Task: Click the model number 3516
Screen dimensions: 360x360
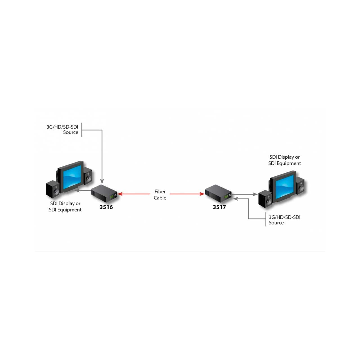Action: [x=106, y=207]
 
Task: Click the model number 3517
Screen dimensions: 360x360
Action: [x=219, y=207]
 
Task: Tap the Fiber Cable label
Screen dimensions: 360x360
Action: [x=160, y=194]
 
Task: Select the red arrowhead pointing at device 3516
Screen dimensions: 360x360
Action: [x=120, y=194]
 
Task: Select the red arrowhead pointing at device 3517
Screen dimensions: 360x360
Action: [x=202, y=194]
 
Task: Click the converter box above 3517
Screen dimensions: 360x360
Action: [x=218, y=193]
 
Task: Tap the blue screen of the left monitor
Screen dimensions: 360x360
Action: [x=72, y=177]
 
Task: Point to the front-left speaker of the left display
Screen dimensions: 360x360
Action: [x=53, y=189]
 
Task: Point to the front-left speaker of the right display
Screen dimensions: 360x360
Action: [x=265, y=199]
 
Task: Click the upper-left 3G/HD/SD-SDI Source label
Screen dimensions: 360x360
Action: [x=62, y=129]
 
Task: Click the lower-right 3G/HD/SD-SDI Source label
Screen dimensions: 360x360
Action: [x=285, y=220]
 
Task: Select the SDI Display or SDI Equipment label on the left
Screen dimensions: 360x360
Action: [x=65, y=206]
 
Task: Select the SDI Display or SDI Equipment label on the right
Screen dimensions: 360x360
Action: [x=285, y=160]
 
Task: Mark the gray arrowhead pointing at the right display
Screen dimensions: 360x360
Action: [x=255, y=194]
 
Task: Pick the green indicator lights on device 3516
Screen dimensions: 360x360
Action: [x=112, y=197]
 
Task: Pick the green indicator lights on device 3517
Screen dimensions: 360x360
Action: [x=226, y=197]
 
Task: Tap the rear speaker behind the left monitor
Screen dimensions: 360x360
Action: [x=87, y=176]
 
